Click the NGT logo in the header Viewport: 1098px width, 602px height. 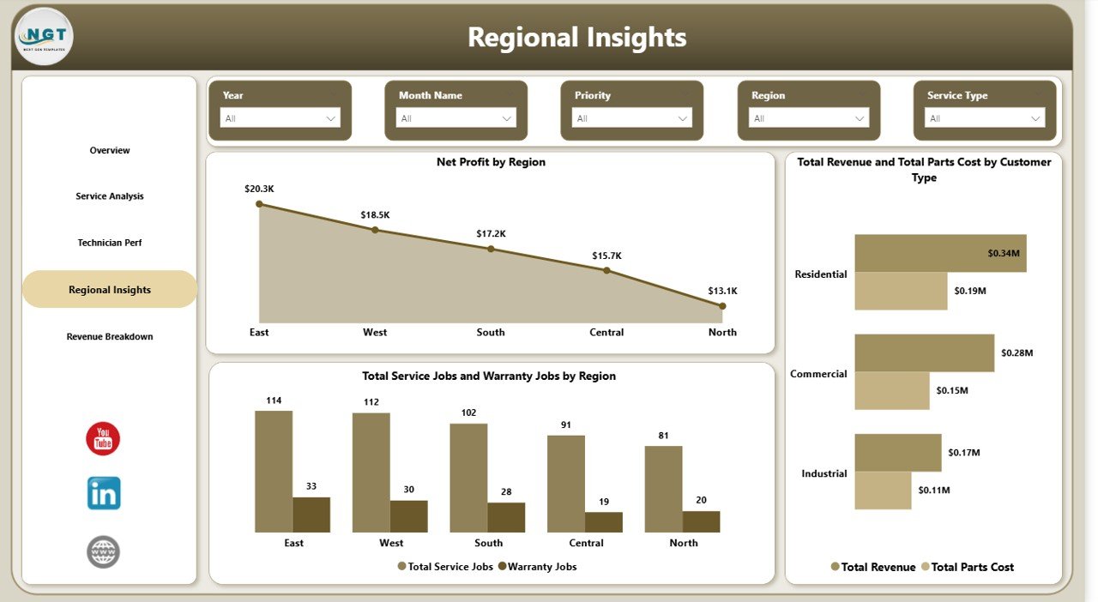pyautogui.click(x=45, y=36)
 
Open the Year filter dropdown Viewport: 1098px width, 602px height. pyautogui.click(x=280, y=118)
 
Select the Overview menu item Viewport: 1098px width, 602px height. pyautogui.click(x=110, y=151)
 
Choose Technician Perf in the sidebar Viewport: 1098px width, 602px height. pyautogui.click(x=110, y=243)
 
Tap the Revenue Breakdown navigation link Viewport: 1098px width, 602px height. pyautogui.click(x=110, y=337)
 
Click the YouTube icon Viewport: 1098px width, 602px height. pyautogui.click(x=103, y=439)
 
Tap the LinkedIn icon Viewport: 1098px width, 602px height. pyautogui.click(x=104, y=493)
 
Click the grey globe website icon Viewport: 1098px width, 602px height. pyautogui.click(x=103, y=551)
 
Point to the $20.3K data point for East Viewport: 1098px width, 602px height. pyautogui.click(x=260, y=204)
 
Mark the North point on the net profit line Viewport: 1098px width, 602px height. pyautogui.click(x=722, y=305)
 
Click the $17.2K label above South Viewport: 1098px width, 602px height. pyautogui.click(x=491, y=233)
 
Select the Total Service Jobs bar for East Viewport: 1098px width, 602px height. pyautogui.click(x=274, y=471)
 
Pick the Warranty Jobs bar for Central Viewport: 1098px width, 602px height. pyautogui.click(x=604, y=521)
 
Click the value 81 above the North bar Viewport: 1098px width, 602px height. pyautogui.click(x=664, y=436)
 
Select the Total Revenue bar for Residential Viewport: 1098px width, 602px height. pyautogui.click(x=940, y=254)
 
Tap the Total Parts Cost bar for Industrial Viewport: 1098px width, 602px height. pyautogui.click(x=883, y=491)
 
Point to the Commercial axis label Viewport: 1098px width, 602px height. pyautogui.click(x=818, y=374)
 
